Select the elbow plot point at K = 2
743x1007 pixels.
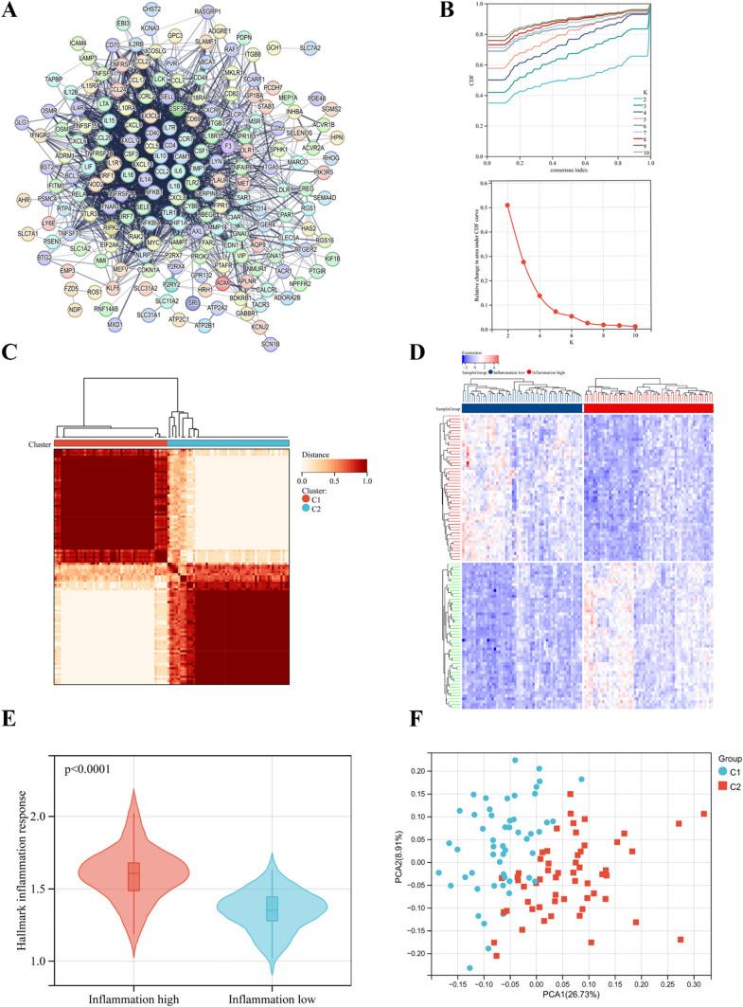click(x=507, y=205)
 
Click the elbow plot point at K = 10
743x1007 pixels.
click(x=635, y=326)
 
